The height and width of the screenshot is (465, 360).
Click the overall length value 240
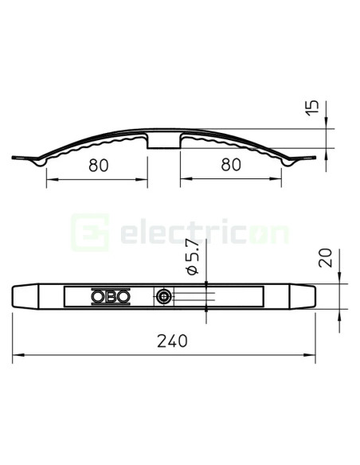[x=172, y=341]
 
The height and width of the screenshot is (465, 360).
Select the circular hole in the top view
[x=162, y=297]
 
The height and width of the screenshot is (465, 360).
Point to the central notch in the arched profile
[x=164, y=142]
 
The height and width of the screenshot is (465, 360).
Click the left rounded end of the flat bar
[x=19, y=297]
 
